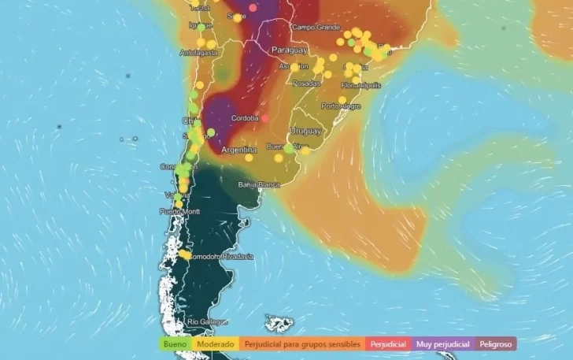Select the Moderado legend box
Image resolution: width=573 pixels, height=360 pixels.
(x=215, y=344)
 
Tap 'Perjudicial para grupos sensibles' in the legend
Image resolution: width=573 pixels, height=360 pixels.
(x=302, y=344)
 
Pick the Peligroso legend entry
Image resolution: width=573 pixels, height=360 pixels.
(x=494, y=344)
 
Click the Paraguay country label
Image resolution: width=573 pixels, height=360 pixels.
(x=288, y=50)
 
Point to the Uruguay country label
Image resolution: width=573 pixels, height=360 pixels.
(x=305, y=130)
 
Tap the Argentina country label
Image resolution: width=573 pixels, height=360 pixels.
(x=239, y=150)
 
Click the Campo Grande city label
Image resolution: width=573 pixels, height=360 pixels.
(x=314, y=27)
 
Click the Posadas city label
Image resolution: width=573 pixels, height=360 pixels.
(x=306, y=82)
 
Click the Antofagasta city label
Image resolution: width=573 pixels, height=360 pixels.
(x=198, y=53)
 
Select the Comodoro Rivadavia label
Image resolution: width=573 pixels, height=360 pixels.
(x=220, y=256)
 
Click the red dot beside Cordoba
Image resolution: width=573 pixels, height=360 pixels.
(x=265, y=118)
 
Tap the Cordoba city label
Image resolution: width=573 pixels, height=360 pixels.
(x=245, y=119)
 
